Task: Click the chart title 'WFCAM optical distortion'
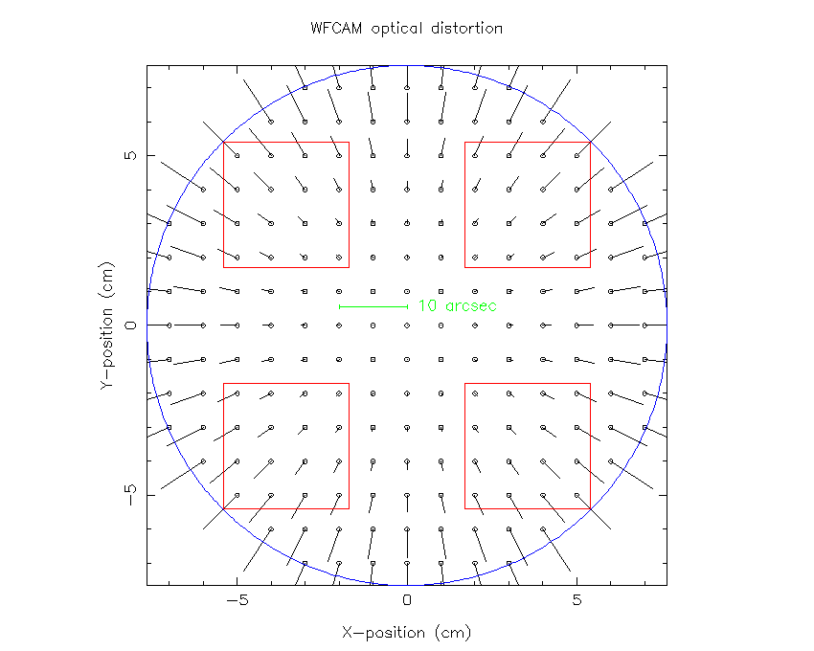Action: click(406, 29)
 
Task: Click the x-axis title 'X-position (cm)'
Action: click(406, 633)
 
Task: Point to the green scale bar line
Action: click(373, 306)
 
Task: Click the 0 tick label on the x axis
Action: click(407, 601)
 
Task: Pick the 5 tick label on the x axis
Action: click(577, 601)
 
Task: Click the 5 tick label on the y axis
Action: click(132, 155)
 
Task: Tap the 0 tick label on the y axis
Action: click(132, 325)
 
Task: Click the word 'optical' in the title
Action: click(391, 29)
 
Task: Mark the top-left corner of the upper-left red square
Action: click(224, 142)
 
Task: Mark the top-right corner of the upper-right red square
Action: click(590, 142)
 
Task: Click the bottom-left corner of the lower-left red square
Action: click(224, 508)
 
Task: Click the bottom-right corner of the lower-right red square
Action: click(590, 508)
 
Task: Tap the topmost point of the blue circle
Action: click(407, 65)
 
